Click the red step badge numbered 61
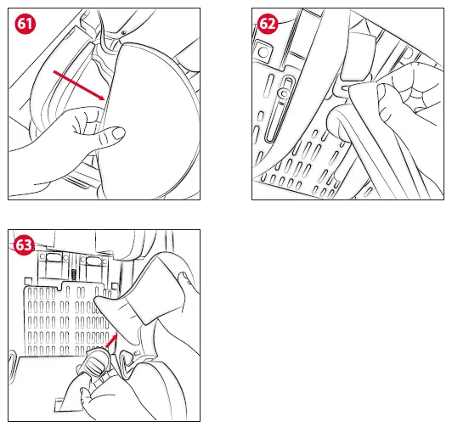(25, 23)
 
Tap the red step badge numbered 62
(268, 23)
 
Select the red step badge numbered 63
(24, 245)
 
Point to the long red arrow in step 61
(79, 85)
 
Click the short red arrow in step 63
(112, 340)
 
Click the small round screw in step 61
(124, 32)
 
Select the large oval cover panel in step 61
(150, 121)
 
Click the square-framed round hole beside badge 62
(263, 52)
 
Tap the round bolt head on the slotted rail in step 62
(285, 93)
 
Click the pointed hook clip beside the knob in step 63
(126, 363)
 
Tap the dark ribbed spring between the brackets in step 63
(74, 274)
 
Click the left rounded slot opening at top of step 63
(53, 257)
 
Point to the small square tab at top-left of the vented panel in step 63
(28, 281)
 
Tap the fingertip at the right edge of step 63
(184, 278)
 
